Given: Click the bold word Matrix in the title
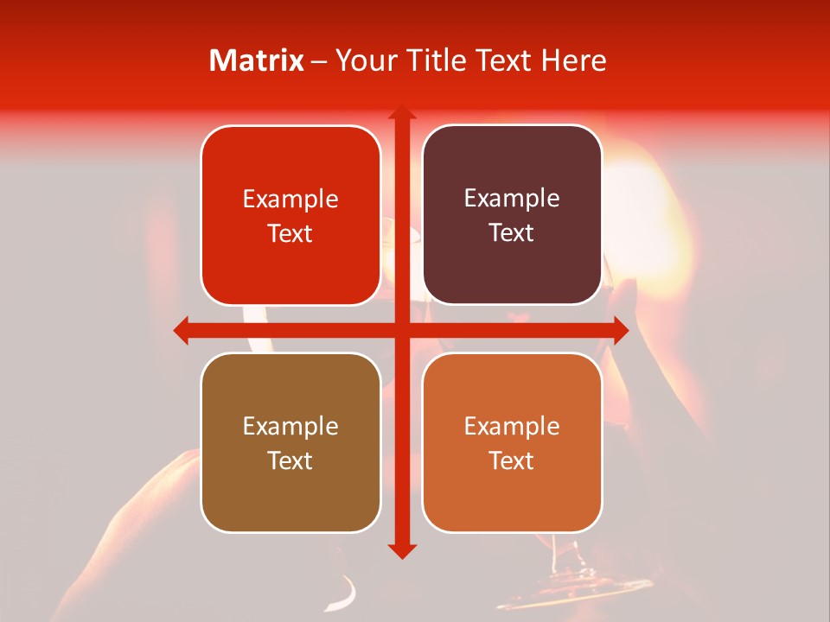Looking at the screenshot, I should click(x=256, y=60).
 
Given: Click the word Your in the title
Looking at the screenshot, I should click(x=364, y=60).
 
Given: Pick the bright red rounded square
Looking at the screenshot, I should click(x=290, y=215).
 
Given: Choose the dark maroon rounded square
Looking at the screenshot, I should click(x=512, y=215).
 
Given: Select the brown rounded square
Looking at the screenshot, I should click(x=290, y=442).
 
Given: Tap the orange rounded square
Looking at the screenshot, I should click(x=512, y=442).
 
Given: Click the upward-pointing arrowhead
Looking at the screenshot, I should click(x=401, y=114).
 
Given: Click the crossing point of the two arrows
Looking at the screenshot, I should click(x=401, y=330).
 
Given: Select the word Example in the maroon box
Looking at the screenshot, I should click(x=512, y=199).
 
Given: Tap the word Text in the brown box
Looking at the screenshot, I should click(x=290, y=460).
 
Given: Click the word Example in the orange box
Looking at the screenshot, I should click(x=512, y=426).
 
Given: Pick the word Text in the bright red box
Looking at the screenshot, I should click(x=290, y=233).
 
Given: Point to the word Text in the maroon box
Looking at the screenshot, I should click(x=512, y=233).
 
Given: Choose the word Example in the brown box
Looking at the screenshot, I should click(x=290, y=426).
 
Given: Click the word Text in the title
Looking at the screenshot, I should click(x=500, y=60).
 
